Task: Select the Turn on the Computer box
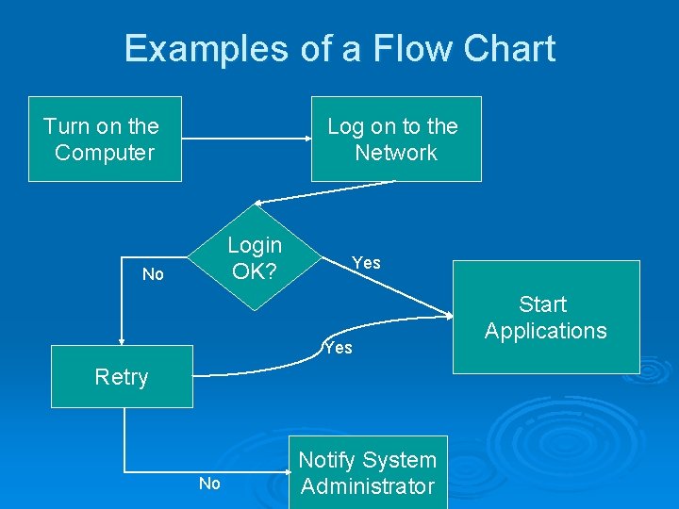[104, 139]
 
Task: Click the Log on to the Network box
[396, 139]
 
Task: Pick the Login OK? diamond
[255, 258]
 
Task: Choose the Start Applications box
[545, 318]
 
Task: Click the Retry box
[122, 377]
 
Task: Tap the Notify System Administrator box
[368, 473]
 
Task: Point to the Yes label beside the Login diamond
[366, 263]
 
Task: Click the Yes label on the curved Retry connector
[338, 348]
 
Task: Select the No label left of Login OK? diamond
[153, 274]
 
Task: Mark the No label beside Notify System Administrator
[209, 484]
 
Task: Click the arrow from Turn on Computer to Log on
[245, 140]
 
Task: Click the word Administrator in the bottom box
[368, 486]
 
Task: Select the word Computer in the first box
[105, 153]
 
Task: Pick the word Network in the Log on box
[396, 153]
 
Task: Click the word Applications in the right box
[545, 331]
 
